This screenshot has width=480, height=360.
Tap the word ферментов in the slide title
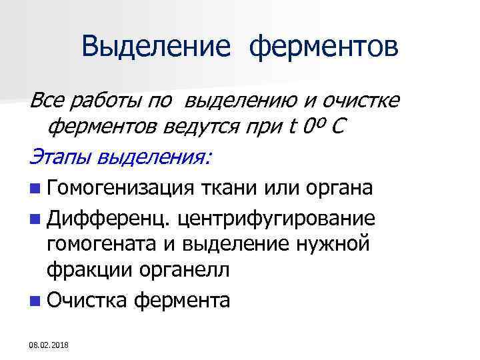[x=325, y=47]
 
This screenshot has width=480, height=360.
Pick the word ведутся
[x=220, y=127]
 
